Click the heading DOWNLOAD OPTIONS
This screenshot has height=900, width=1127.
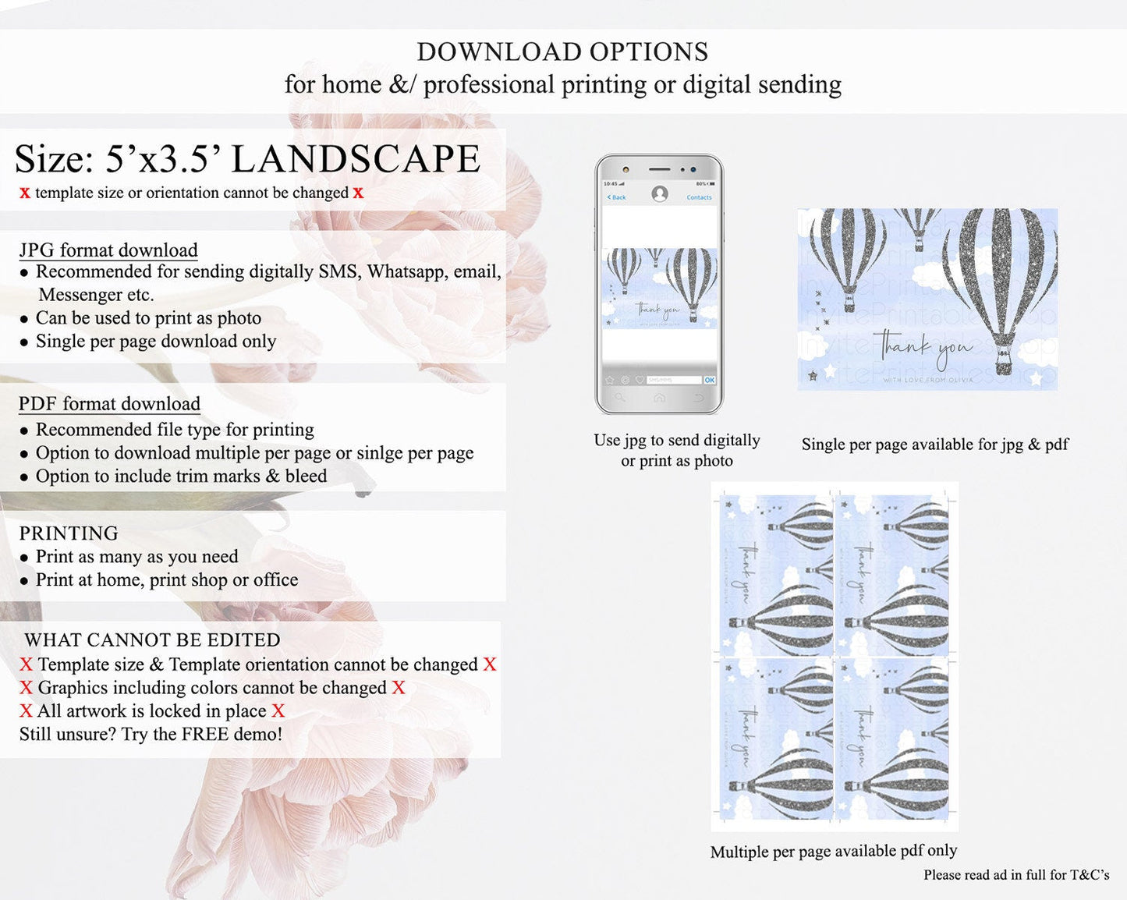click(562, 51)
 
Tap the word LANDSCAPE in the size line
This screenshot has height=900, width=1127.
click(356, 159)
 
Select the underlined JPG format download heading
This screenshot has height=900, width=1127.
click(108, 250)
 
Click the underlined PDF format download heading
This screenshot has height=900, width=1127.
click(109, 404)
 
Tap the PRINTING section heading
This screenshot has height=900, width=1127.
click(69, 533)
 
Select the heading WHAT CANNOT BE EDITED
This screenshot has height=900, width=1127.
click(152, 640)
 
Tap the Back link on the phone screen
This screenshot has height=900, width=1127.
click(617, 197)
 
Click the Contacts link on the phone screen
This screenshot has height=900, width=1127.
click(699, 197)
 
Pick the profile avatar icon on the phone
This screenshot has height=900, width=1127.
click(660, 193)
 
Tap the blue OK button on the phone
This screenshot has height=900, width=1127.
click(709, 380)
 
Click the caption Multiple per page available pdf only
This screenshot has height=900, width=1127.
click(833, 851)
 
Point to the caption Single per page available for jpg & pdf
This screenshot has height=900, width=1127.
click(934, 445)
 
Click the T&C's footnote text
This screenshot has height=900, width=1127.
click(1015, 875)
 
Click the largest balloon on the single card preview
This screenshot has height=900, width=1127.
click(1001, 281)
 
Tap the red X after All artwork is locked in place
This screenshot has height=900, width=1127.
click(278, 711)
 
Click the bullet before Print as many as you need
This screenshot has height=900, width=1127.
click(25, 558)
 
